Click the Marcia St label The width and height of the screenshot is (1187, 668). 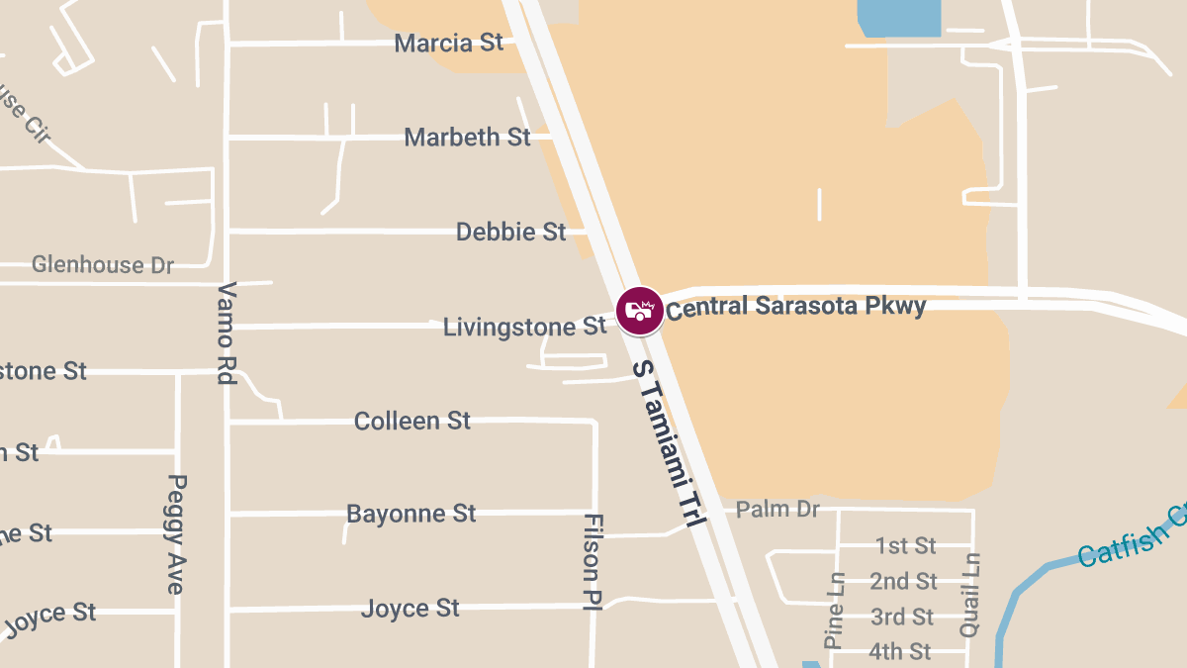click(449, 44)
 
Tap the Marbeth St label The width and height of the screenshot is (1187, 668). click(467, 138)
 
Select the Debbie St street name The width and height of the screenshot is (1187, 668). click(510, 233)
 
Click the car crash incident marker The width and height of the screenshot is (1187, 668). click(640, 311)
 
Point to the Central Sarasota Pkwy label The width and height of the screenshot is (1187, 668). click(795, 307)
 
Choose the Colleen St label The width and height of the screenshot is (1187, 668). click(412, 422)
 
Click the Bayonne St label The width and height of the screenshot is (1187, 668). click(411, 515)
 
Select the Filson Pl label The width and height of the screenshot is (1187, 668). click(593, 562)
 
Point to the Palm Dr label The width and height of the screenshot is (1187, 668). click(778, 510)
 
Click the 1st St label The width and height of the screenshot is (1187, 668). click(905, 546)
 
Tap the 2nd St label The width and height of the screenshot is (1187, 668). click(903, 582)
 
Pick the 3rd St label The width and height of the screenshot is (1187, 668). click(901, 618)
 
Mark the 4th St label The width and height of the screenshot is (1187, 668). click(899, 652)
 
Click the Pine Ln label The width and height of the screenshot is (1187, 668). click(836, 611)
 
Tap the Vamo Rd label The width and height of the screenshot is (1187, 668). click(227, 333)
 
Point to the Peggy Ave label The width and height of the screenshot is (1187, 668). click(176, 534)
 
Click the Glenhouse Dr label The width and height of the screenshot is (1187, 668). click(103, 265)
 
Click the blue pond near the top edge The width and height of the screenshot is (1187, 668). click(898, 18)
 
